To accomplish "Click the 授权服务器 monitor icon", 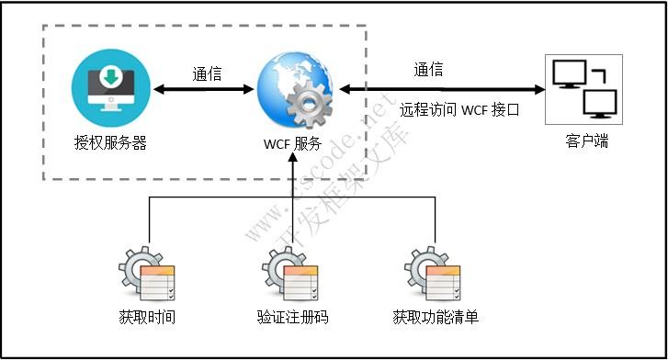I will pos(109,89).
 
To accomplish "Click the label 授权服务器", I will pos(110,142).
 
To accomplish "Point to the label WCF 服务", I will pos(292,143).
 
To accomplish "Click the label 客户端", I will pos(586,141).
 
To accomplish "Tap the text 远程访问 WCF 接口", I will pos(459,109).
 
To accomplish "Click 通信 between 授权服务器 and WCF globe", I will pos(207,73).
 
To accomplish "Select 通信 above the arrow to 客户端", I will pos(428,69).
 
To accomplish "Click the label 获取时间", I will pos(147,318).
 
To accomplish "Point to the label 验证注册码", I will pos(292,318).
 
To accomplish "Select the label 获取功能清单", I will pos(435,318).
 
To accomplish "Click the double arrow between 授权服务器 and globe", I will pos(203,90).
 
